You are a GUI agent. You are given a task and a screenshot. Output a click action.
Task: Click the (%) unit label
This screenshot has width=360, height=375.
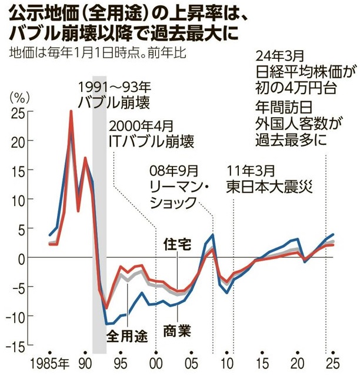(19, 96)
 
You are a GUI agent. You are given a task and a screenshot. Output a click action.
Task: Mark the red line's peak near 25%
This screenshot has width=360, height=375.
(71, 112)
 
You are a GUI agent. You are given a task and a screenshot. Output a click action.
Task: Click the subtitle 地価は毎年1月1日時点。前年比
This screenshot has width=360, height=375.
(98, 53)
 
